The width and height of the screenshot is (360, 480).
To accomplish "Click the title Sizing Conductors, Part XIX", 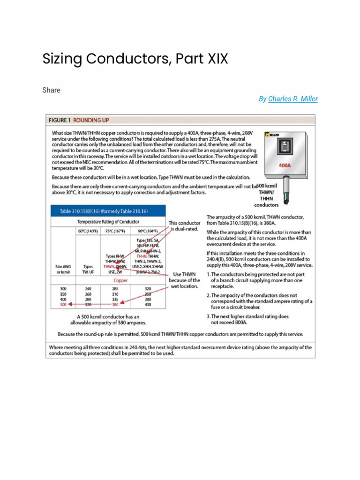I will (135, 59).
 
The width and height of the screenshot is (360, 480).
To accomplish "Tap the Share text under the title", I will (51, 90).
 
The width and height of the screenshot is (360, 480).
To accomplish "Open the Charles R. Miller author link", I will (292, 99).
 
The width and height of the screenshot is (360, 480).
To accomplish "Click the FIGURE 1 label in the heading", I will (63, 120).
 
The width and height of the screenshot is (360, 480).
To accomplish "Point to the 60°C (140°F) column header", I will (88, 231).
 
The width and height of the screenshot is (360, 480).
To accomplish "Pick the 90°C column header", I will (148, 231).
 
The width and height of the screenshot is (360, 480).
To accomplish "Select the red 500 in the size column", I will (63, 304).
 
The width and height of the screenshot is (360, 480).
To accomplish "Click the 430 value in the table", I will (148, 304).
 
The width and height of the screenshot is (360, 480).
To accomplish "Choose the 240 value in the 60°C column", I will (88, 289).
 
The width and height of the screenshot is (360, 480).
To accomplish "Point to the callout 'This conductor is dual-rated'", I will (184, 226).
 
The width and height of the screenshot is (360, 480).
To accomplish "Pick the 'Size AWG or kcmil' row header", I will (63, 268).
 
